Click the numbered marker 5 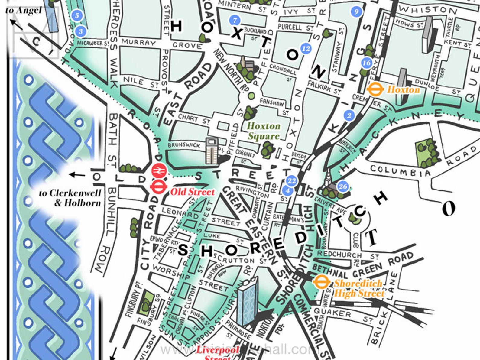(77, 15)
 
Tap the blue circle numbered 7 (235, 20)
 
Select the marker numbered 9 (356, 12)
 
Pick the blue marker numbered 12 (306, 48)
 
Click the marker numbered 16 (366, 63)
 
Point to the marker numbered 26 (343, 186)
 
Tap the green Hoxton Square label (264, 131)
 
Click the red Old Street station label (192, 192)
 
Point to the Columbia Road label (401, 171)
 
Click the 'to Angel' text (23, 11)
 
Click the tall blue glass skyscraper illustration (247, 302)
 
